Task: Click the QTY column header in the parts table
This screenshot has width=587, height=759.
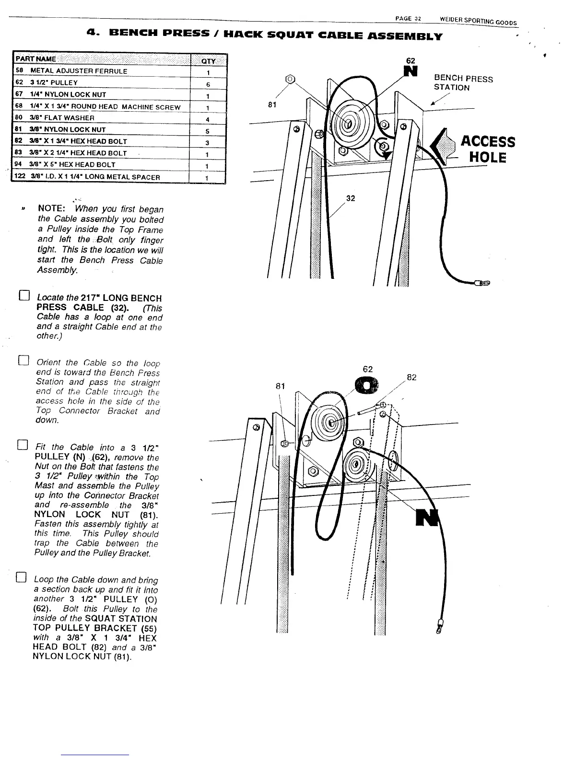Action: pos(208,60)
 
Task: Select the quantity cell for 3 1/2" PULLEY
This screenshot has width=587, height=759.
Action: pos(208,83)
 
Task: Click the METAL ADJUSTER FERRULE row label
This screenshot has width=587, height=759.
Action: pos(79,71)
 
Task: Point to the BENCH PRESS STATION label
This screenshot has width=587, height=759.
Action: pos(462,83)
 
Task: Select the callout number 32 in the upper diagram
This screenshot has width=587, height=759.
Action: pos(351,198)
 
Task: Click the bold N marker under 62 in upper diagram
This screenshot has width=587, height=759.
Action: pos(411,71)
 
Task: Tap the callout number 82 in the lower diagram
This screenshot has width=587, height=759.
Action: pos(411,377)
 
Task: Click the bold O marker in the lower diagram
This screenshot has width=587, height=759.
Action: pos(367,385)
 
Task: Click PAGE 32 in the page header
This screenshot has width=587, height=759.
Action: pos(408,18)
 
